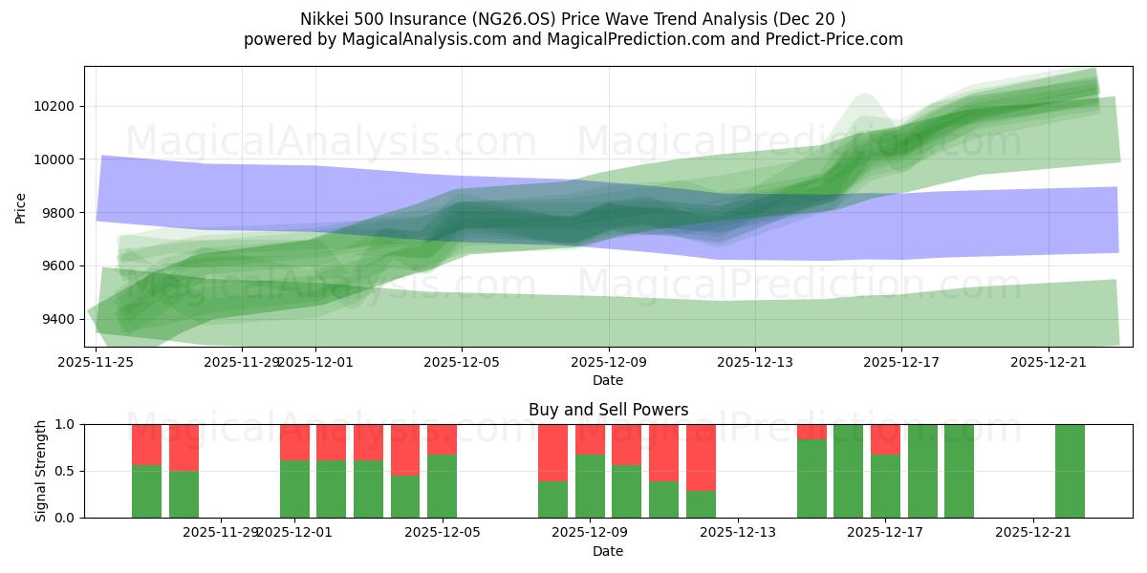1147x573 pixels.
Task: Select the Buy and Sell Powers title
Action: pyautogui.click(x=608, y=410)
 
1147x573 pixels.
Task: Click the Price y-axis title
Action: pyautogui.click(x=20, y=207)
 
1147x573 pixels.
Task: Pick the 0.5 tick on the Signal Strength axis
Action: pyautogui.click(x=66, y=471)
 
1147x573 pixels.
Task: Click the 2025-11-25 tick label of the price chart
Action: pyautogui.click(x=96, y=362)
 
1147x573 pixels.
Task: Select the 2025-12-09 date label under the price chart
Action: pyautogui.click(x=608, y=362)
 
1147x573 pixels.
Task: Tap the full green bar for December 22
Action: pyautogui.click(x=1070, y=471)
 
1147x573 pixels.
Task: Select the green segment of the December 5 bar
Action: pyautogui.click(x=442, y=486)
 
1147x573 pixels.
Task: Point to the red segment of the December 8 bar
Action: pyautogui.click(x=552, y=452)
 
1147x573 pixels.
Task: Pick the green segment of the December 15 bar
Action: pyautogui.click(x=812, y=478)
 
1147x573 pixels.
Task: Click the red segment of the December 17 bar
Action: pyautogui.click(x=885, y=438)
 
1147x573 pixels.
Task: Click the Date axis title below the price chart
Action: pyautogui.click(x=608, y=380)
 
